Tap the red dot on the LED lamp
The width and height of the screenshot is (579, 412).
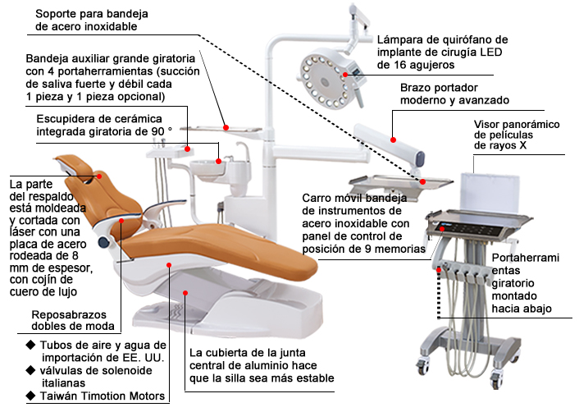[x=345, y=75]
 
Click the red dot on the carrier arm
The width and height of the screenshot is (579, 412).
[x=394, y=140]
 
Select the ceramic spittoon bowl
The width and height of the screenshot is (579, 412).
[x=207, y=170]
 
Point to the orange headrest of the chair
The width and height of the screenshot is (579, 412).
[x=77, y=167]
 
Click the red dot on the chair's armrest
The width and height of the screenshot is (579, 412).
[x=121, y=221]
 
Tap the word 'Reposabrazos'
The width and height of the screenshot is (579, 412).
[x=69, y=315]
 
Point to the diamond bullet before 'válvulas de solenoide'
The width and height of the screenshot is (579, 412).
[x=31, y=370]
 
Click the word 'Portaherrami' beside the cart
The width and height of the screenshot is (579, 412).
[x=526, y=258]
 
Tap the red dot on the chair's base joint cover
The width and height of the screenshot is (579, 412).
[x=185, y=293]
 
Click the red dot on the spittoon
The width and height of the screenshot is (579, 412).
[x=219, y=161]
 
